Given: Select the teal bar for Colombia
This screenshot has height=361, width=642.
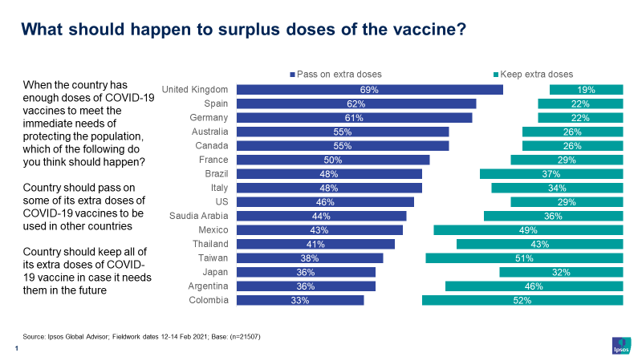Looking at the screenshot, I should coord(522,300).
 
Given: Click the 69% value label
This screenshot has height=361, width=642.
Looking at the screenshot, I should coord(369,90).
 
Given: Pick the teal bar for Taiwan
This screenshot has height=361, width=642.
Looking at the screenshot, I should coord(524,258).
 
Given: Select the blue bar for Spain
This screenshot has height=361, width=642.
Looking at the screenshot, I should coord(358,103).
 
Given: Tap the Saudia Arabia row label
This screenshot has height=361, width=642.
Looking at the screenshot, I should coord(199,216).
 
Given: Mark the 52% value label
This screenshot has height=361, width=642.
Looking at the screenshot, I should coord(522,300).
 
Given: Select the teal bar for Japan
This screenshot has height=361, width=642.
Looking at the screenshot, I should coord(561,272).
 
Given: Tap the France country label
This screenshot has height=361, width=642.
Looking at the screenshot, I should coord(213,160).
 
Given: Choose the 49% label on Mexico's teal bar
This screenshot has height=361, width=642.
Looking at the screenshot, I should coord(528,230).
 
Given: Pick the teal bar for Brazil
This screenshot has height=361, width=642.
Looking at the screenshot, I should coord(551,174).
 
